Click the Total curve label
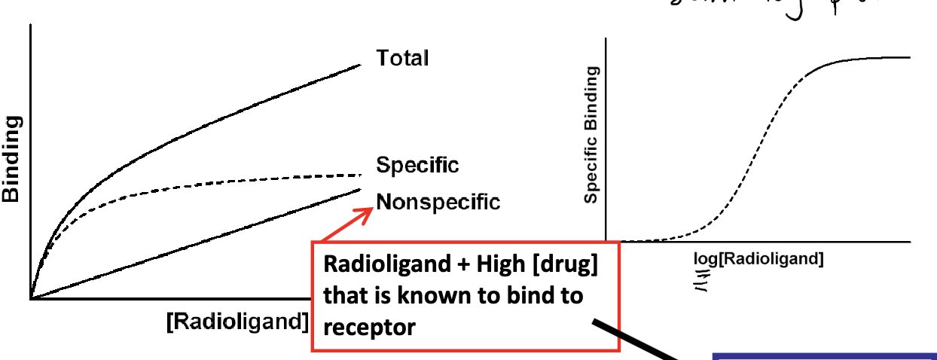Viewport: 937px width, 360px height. pyautogui.click(x=402, y=58)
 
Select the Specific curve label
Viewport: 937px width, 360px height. pyautogui.click(x=417, y=165)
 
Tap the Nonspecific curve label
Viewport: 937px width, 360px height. pyautogui.click(x=438, y=202)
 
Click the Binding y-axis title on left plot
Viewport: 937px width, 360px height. pyautogui.click(x=11, y=159)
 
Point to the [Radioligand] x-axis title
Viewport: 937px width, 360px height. pyautogui.click(x=237, y=321)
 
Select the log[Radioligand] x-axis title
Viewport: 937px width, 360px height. pyautogui.click(x=758, y=259)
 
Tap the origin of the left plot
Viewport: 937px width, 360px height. pyautogui.click(x=31, y=299)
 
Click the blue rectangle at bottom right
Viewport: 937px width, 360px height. pyautogui.click(x=824, y=355)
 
